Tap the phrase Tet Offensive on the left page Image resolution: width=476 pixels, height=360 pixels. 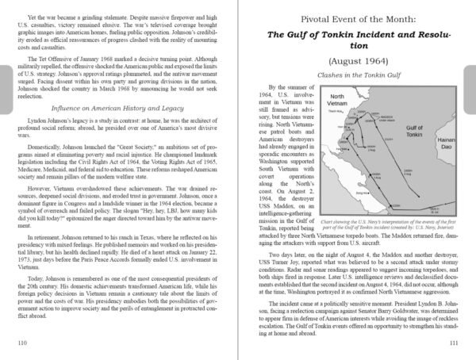[x=56, y=77]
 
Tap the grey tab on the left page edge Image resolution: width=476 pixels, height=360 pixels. [x=5, y=80]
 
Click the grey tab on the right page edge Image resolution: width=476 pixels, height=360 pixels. [x=470, y=80]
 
